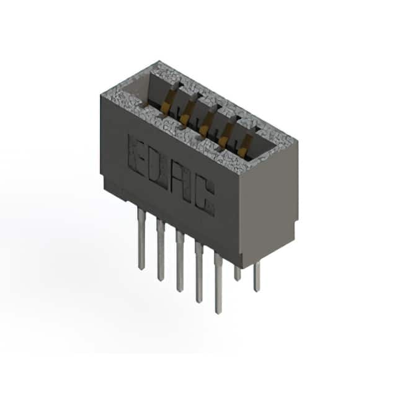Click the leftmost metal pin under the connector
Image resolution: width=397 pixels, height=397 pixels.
[141, 238]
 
